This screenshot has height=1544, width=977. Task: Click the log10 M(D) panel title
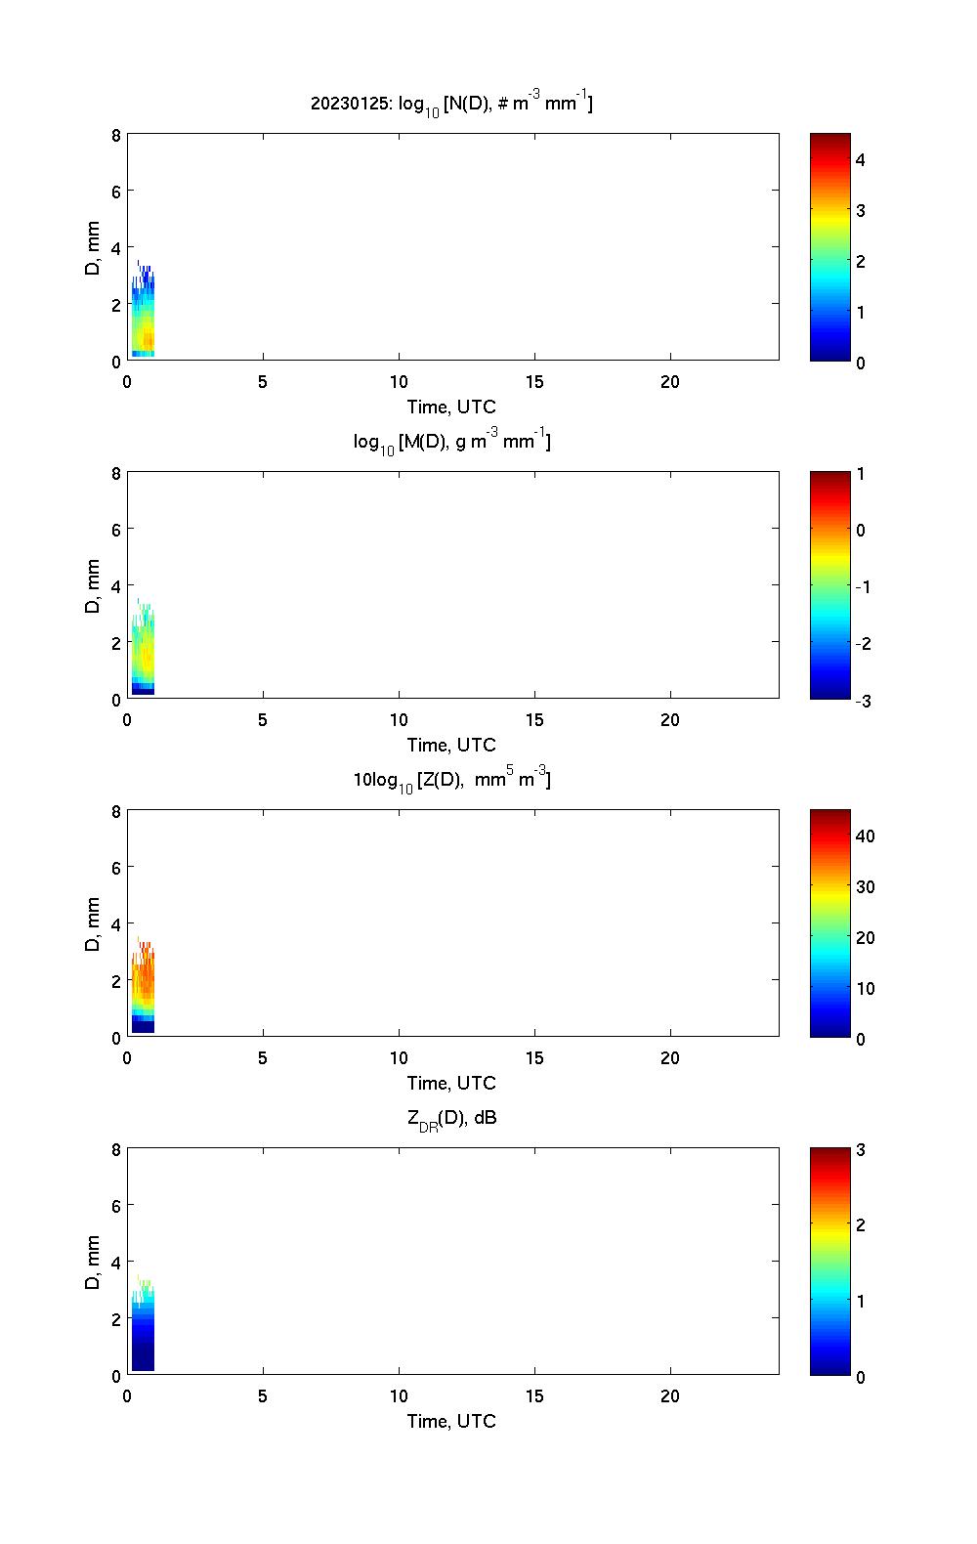(451, 442)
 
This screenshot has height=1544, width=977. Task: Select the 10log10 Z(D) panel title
(451, 780)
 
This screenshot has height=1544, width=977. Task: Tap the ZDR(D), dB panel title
(451, 1118)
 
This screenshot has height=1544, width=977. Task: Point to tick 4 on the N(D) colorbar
(861, 159)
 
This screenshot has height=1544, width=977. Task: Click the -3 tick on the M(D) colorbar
(860, 701)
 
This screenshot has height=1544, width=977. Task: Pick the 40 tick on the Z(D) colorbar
(865, 836)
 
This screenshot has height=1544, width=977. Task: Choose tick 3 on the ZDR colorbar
(861, 1150)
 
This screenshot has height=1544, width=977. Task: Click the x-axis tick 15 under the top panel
(533, 382)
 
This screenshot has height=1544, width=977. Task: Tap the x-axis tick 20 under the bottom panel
(669, 1396)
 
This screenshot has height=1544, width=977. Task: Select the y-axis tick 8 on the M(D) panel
(116, 474)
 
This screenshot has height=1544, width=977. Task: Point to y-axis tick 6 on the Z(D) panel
(116, 868)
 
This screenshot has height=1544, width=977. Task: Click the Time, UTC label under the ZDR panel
(451, 1421)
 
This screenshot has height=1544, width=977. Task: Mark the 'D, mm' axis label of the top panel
(93, 248)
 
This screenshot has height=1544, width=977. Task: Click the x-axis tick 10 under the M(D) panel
(398, 720)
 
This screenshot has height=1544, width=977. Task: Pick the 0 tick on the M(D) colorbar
(861, 531)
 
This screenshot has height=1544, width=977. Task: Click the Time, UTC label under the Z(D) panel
(451, 1083)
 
